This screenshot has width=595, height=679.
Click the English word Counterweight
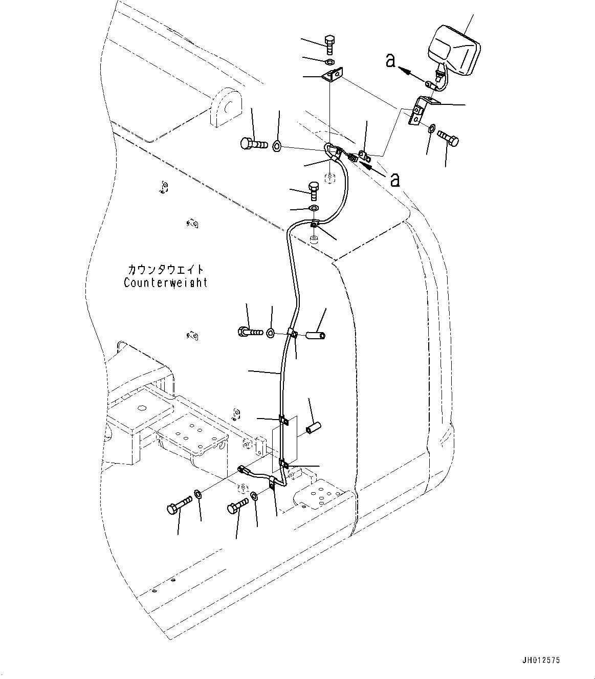tap(165, 282)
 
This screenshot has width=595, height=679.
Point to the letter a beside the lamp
tap(390, 61)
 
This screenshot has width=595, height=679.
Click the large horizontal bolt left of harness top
tap(253, 143)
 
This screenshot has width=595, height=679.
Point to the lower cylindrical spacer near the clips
tap(312, 428)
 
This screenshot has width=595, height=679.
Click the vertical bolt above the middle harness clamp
tap(314, 190)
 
